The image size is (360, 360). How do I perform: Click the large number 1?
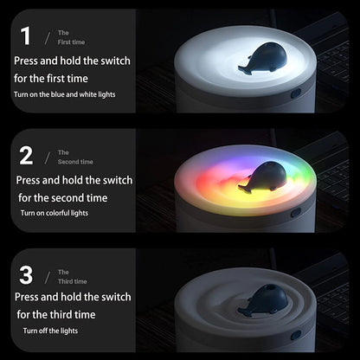26,36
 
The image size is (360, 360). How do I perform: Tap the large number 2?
26,156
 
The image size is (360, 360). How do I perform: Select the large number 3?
26,275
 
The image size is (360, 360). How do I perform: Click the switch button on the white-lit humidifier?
296,93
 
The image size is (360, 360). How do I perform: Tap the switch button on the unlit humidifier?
296,335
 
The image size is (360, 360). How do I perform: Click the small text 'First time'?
71,42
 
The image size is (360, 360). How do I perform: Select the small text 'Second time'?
75,162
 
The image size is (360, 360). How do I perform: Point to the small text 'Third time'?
73,281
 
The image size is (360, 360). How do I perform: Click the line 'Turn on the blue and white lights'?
65,94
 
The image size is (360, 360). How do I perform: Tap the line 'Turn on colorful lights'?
55,213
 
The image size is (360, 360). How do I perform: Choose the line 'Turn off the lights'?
50,331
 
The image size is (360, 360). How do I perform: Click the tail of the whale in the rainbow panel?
245,189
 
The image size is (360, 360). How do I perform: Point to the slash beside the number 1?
48,38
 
